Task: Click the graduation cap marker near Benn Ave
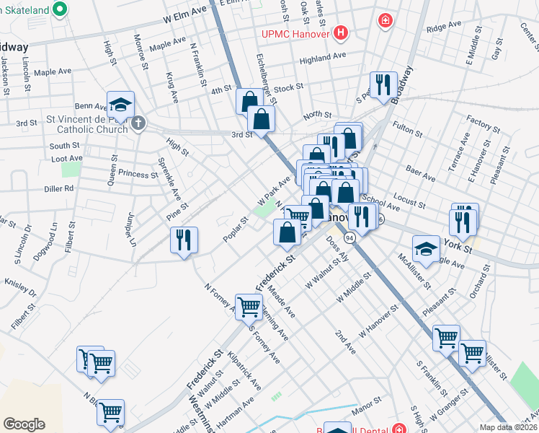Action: pos(120,104)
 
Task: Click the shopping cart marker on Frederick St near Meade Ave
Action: pos(248,306)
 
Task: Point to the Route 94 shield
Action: pos(350,237)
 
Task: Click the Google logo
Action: pos(24,424)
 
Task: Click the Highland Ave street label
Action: pos(323,56)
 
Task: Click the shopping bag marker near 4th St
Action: pos(249,102)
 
